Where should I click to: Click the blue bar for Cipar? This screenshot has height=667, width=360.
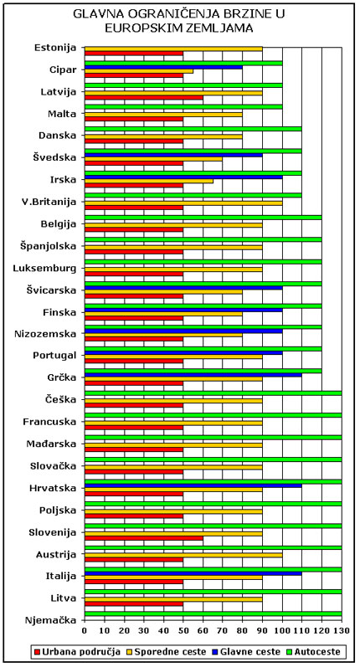tap(164, 67)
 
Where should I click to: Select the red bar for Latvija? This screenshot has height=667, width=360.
tap(144, 97)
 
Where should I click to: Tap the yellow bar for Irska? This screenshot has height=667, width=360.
tap(149, 182)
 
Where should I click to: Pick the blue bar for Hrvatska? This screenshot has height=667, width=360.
tap(193, 485)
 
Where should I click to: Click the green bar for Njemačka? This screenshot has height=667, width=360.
tap(213, 613)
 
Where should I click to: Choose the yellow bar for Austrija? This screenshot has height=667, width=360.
tap(183, 555)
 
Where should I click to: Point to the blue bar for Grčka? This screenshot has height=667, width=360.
tap(193, 375)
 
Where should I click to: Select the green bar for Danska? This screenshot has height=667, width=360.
tap(193, 129)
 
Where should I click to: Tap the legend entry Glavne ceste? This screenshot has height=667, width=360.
tap(248, 651)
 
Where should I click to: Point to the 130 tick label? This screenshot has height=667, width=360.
tap(341, 629)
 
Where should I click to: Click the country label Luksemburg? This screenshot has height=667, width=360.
tap(44, 269)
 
